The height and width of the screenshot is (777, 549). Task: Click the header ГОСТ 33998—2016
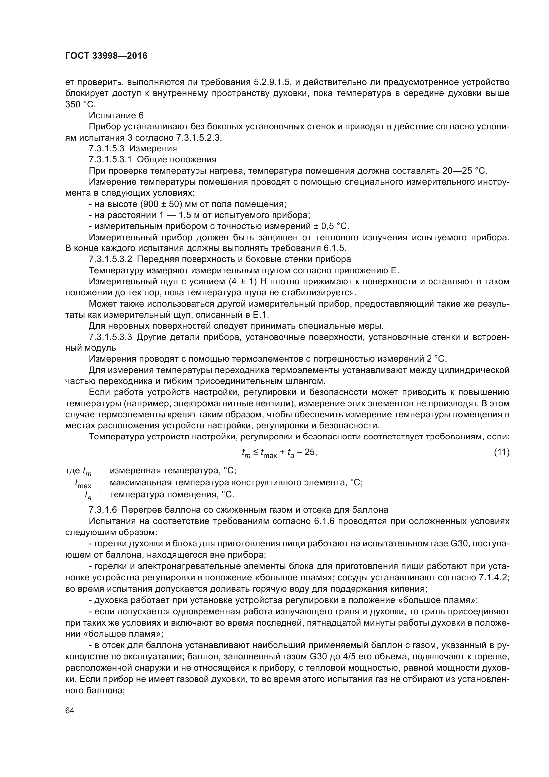(x=107, y=56)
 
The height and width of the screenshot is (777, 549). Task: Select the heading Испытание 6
(x=116, y=115)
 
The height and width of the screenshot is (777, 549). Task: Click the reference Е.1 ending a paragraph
(x=260, y=315)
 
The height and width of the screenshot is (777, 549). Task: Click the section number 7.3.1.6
(x=102, y=510)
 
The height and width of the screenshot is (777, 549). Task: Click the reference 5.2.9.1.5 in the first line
(x=271, y=82)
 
